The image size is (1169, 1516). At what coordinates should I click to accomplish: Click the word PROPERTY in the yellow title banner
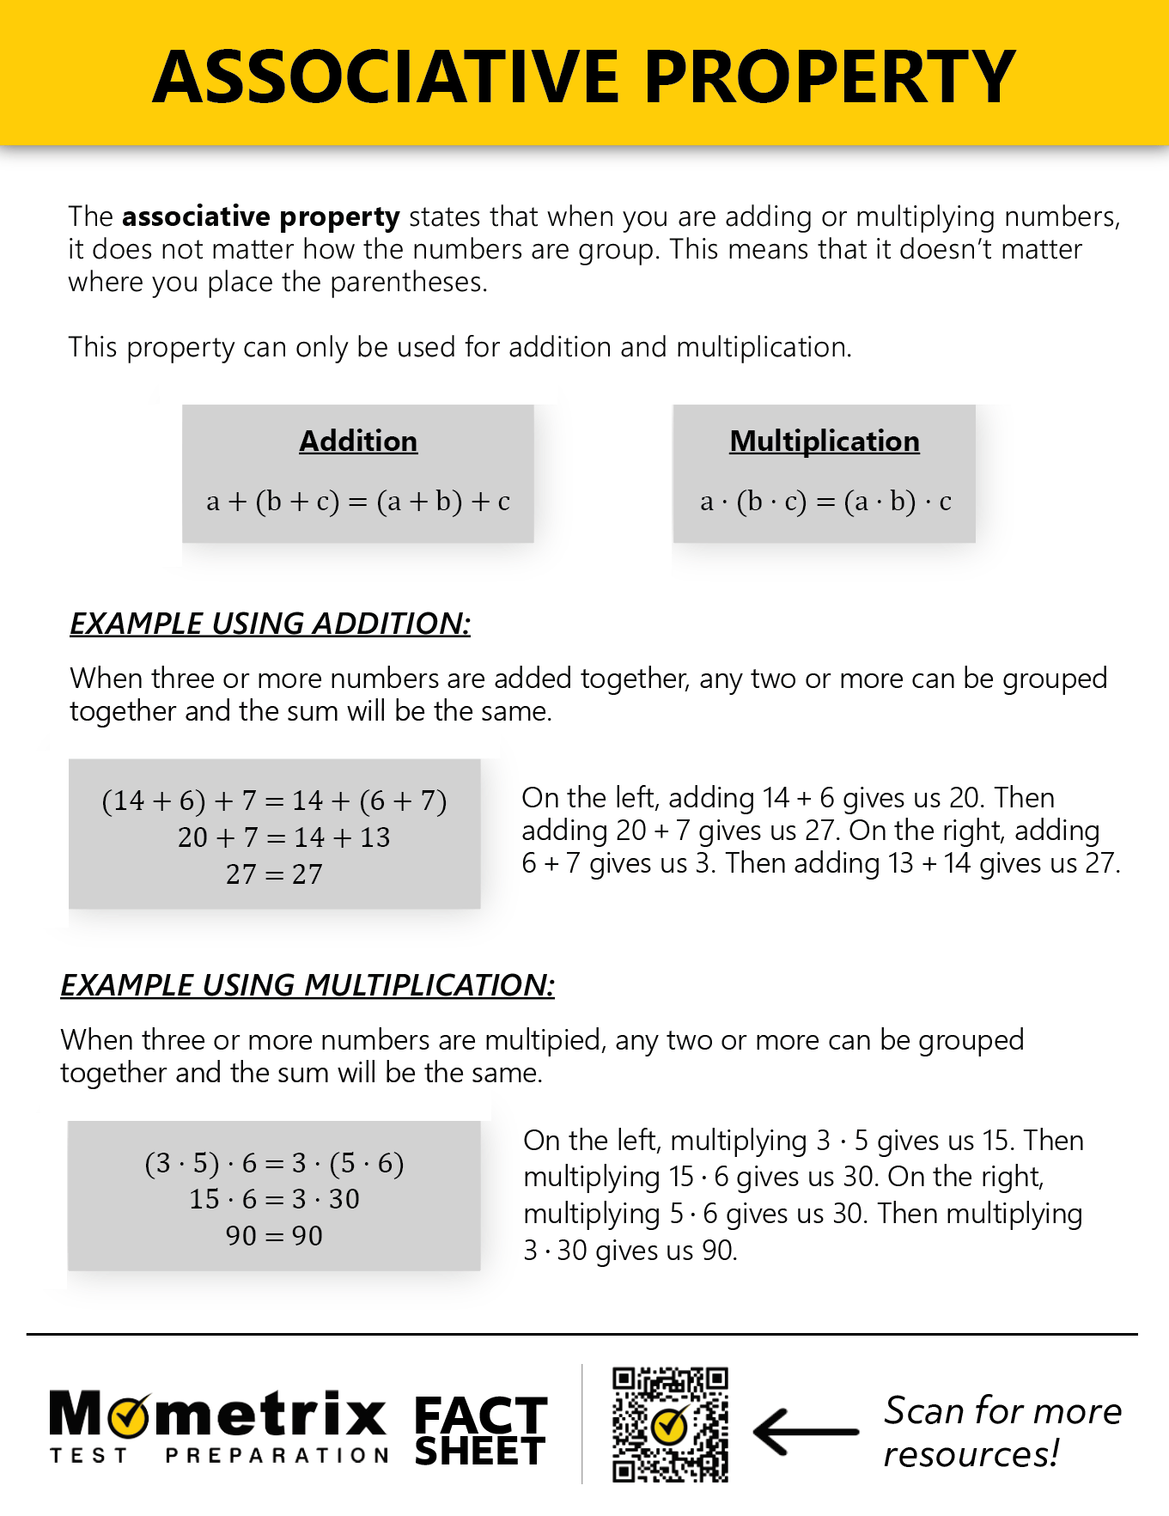(x=830, y=77)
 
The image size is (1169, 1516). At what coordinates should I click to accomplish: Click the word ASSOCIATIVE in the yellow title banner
(x=387, y=77)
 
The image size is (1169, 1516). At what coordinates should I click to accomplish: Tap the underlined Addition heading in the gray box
(x=358, y=441)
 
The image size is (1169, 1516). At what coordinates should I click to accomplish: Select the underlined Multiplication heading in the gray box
(x=824, y=441)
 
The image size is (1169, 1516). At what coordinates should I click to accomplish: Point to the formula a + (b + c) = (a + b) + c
(x=358, y=501)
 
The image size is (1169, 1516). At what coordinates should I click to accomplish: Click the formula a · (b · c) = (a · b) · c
(x=825, y=501)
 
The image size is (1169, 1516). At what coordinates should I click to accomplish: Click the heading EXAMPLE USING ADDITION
(x=270, y=624)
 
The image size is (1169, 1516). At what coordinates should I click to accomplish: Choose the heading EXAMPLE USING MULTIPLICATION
(x=307, y=985)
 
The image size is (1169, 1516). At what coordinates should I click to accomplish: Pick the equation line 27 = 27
(x=274, y=874)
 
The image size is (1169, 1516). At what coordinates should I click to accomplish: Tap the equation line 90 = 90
(x=274, y=1236)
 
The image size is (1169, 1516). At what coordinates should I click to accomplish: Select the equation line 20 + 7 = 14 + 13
(x=283, y=837)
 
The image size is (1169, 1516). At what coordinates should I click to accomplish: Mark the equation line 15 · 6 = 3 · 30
(x=274, y=1199)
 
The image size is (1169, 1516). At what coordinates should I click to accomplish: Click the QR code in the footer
(x=670, y=1425)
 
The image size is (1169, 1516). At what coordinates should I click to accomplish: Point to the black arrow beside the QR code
(x=805, y=1431)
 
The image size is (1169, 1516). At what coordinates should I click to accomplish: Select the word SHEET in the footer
(x=480, y=1452)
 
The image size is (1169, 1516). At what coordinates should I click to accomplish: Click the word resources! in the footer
(x=971, y=1454)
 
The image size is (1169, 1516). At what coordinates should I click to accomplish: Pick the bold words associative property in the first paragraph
(x=260, y=217)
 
